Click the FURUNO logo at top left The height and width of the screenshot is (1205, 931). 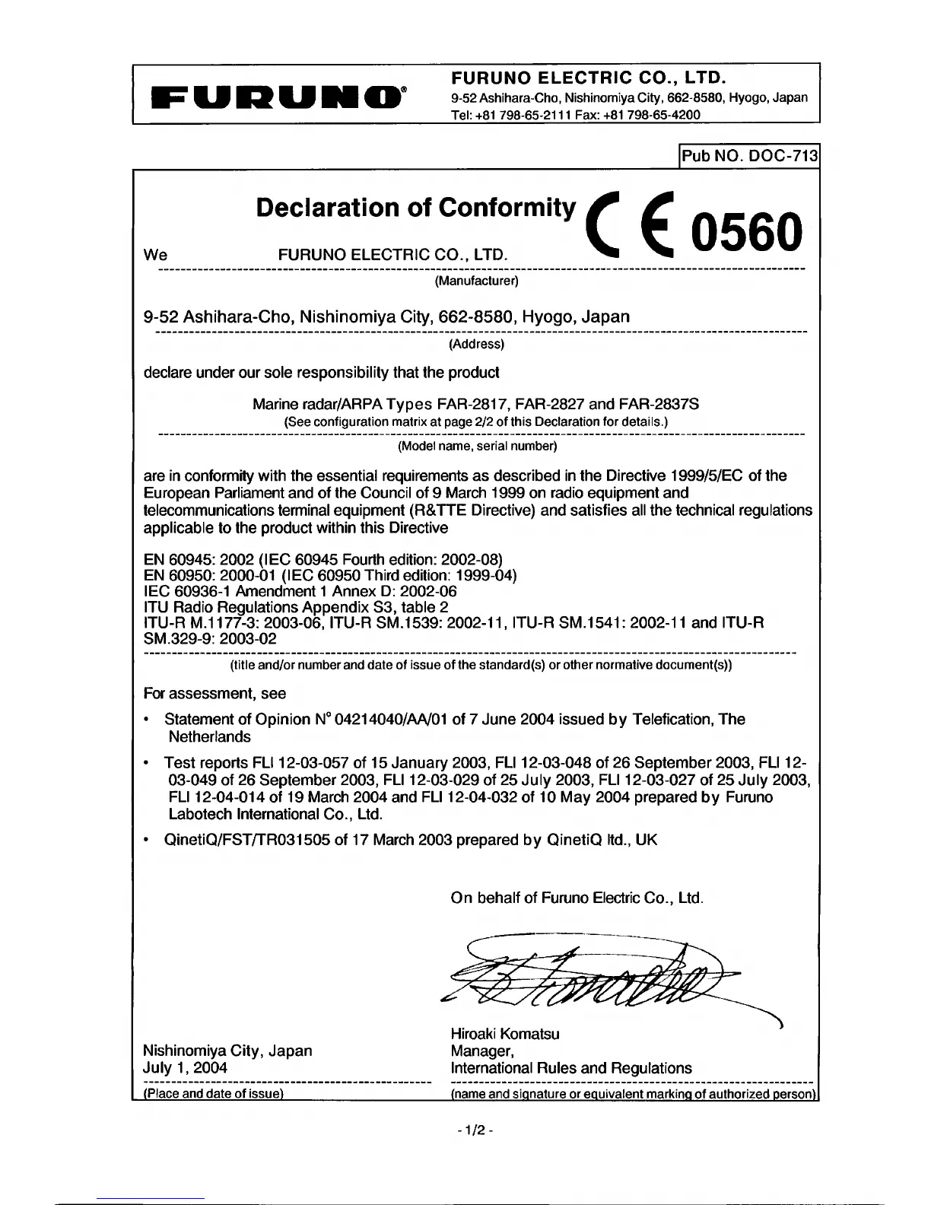(279, 96)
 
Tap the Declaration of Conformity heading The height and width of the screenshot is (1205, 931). (416, 207)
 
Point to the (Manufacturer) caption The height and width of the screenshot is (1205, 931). (476, 281)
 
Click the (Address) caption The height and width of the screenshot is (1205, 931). (476, 344)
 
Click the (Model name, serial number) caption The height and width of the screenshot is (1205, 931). (478, 446)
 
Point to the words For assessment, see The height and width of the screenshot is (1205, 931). (215, 693)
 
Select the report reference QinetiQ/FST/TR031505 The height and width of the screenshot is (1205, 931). (247, 840)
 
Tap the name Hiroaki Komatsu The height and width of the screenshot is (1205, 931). (505, 1034)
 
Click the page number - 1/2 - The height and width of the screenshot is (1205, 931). (476, 1130)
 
